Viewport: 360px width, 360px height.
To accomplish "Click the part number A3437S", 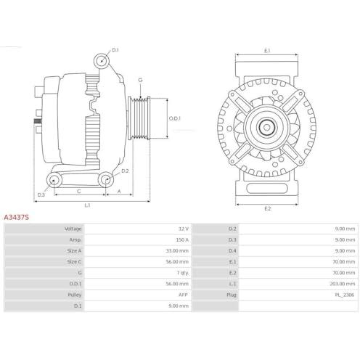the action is coord(16,217).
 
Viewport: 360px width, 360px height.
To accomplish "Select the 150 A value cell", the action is coord(182,240).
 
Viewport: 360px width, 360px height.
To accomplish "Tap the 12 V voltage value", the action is coord(184,229).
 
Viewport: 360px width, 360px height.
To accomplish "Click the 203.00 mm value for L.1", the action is coord(343,284).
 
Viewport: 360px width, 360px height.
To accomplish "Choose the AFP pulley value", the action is coord(183,295).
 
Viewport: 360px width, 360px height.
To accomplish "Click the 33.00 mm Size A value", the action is coord(177,250).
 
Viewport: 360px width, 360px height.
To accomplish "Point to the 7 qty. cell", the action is coord(183,273).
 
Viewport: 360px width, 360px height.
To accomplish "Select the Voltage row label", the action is coord(73,229).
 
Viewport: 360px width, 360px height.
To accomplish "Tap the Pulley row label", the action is coord(75,295).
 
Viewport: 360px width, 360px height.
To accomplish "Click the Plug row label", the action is coord(232,295).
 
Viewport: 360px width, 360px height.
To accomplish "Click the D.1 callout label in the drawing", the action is coord(115,50).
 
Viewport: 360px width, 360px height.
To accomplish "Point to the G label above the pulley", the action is coord(140,80).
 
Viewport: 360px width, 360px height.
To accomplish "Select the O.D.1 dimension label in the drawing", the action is coord(175,118).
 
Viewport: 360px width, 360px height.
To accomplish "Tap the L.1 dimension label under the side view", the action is coord(87,205).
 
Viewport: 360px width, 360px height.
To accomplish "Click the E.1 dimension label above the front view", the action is coord(267,51).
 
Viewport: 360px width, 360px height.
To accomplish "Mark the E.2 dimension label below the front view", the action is coord(267,208).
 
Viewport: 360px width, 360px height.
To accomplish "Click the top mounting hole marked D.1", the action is coord(102,60).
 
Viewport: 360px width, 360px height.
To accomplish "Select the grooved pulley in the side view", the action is coord(139,118).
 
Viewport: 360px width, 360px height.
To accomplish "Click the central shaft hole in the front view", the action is coord(266,127).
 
